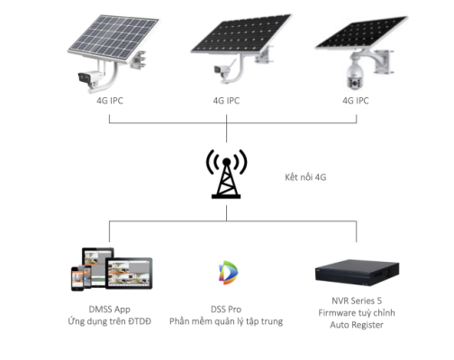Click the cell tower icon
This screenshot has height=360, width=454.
(x=226, y=174)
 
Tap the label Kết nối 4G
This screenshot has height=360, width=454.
(x=305, y=177)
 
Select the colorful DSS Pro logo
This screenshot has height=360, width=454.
(x=228, y=273)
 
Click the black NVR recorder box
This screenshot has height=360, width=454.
(x=357, y=273)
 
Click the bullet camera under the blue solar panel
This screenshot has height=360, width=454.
(x=90, y=78)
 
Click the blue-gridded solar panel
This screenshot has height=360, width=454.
(x=113, y=38)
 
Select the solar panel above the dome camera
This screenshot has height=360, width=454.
(x=361, y=32)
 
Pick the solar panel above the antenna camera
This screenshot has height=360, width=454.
(x=241, y=33)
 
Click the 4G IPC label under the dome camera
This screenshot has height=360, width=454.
(x=356, y=101)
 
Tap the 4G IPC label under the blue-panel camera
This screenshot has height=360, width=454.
(x=110, y=101)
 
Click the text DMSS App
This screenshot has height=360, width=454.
(x=110, y=310)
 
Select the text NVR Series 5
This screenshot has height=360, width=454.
(x=357, y=301)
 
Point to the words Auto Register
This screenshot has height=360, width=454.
(x=357, y=325)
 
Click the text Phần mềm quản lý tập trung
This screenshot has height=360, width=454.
(x=226, y=321)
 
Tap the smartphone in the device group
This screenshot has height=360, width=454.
(x=77, y=279)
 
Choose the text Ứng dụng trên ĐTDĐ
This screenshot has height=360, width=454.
(x=110, y=321)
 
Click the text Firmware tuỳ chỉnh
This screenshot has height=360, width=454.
(x=357, y=313)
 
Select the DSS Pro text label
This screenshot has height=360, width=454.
(x=226, y=310)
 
